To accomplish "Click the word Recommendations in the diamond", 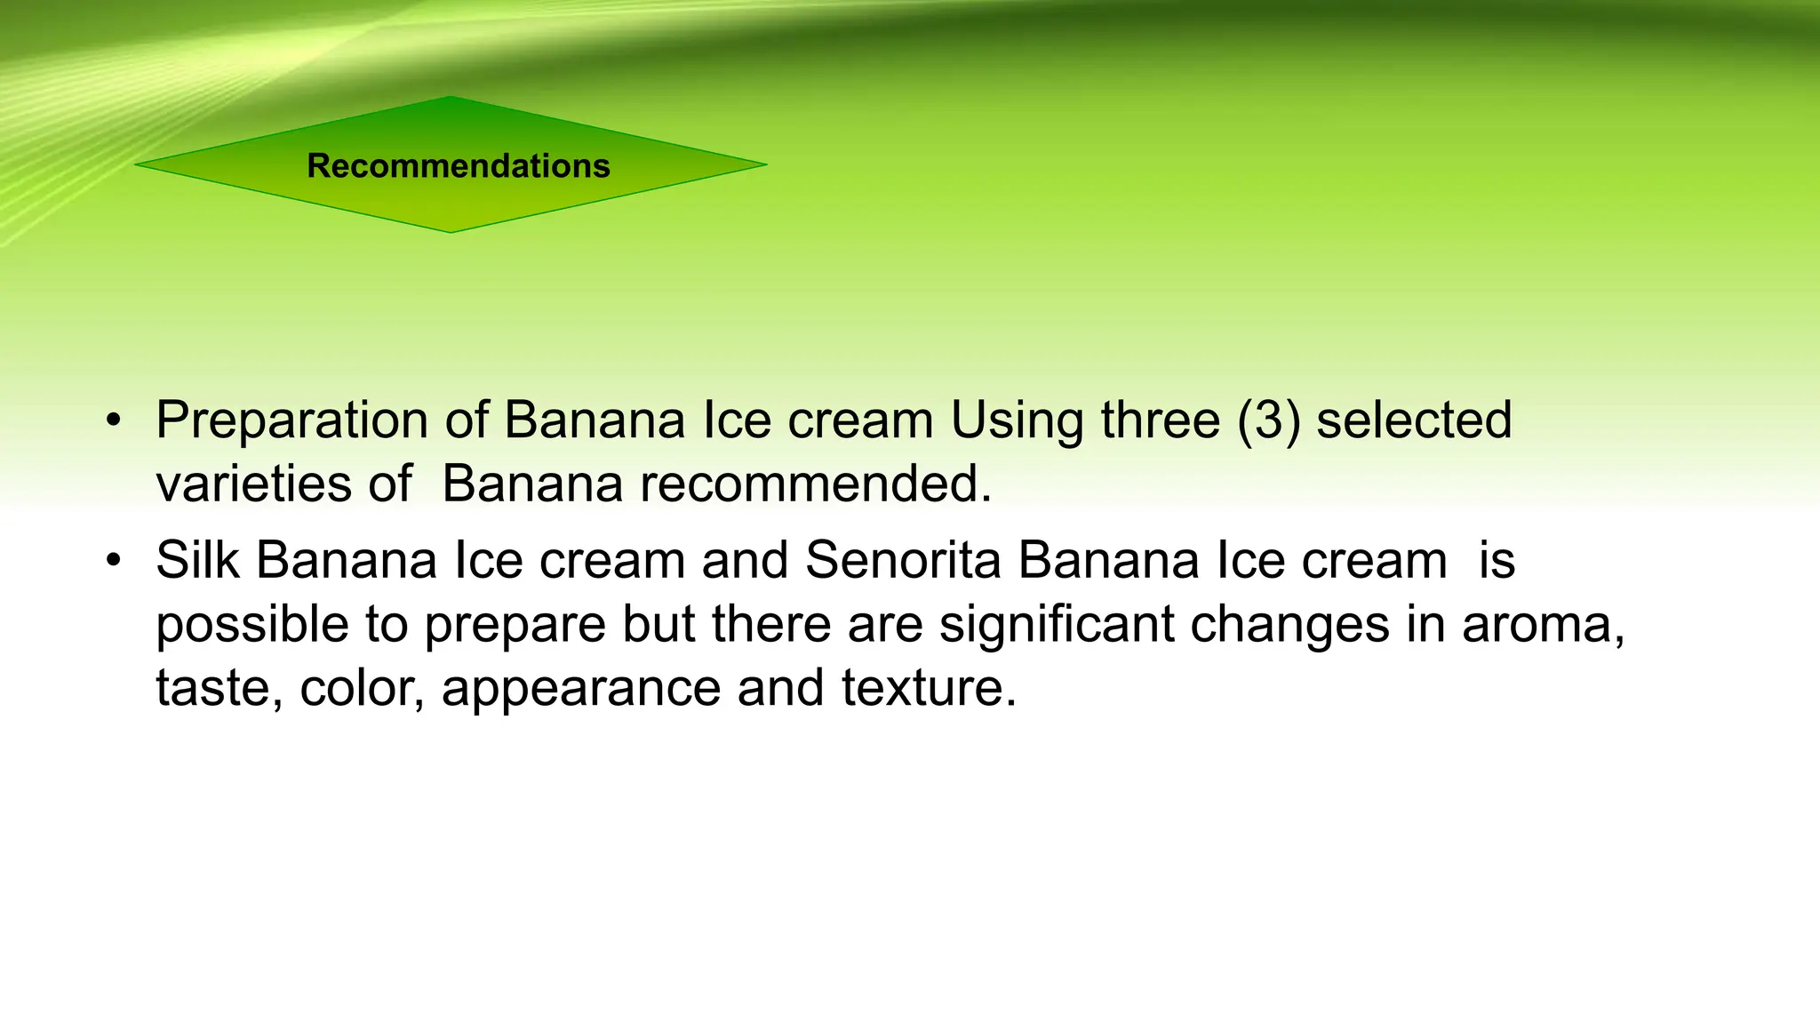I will coord(459,166).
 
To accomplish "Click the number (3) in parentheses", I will coord(1268,420).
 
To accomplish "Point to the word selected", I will coord(1414,420).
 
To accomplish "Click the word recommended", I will coord(814,484).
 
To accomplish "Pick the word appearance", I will coord(580,688).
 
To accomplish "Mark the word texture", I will coord(928,688).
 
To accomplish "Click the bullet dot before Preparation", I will coord(112,420).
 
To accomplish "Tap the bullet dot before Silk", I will coord(112,561).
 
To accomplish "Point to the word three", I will coord(1161,420).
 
